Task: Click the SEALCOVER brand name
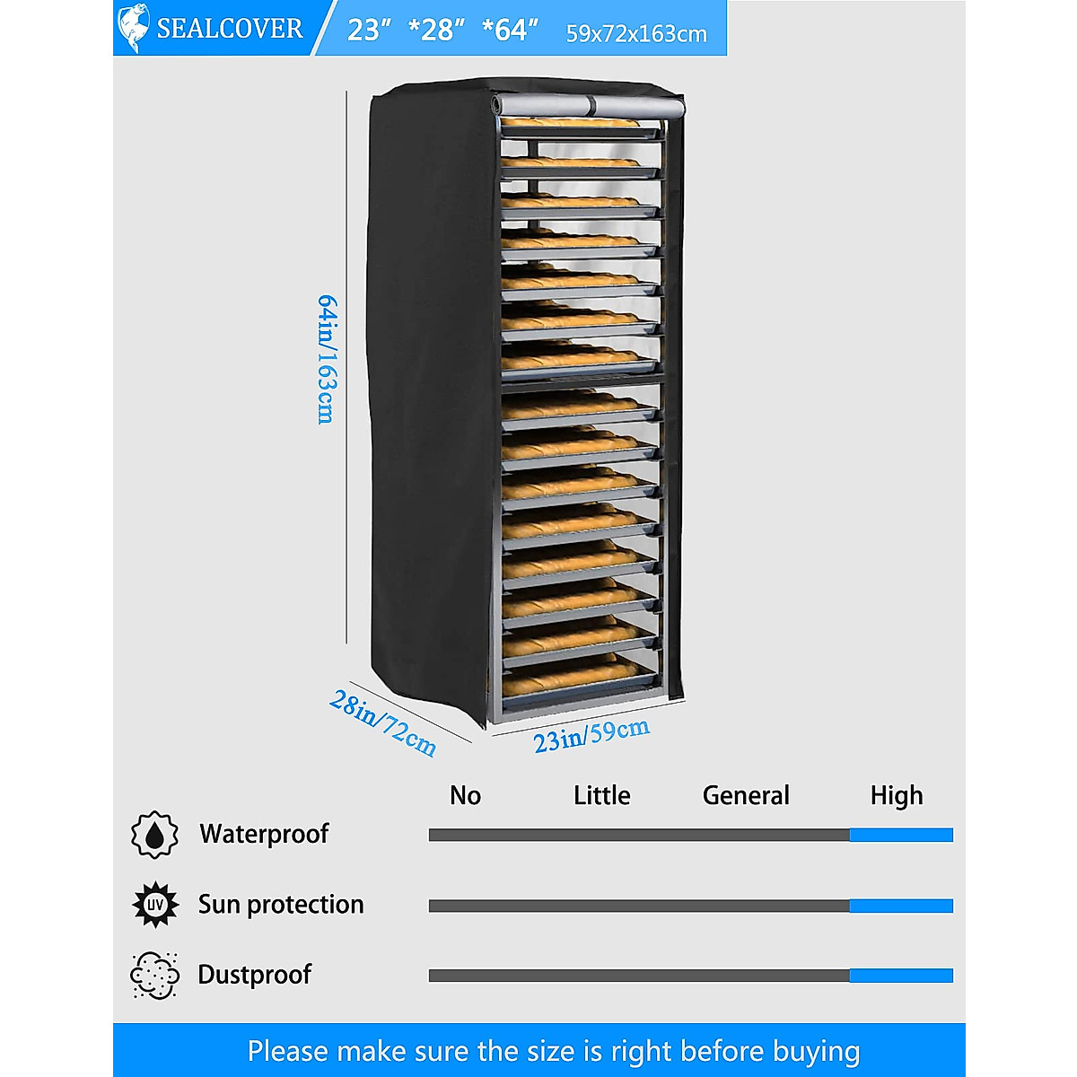point(230,29)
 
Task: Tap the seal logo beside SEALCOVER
point(133,28)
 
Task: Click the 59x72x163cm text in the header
point(636,34)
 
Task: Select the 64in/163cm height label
point(328,359)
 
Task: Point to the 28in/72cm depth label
point(383,722)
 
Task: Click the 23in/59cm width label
point(591,735)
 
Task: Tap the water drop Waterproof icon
point(154,835)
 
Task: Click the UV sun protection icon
point(154,905)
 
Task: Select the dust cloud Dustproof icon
point(154,976)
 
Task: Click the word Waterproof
point(264,834)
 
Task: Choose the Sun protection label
point(281,904)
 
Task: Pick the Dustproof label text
point(255,975)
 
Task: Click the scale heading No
point(465,795)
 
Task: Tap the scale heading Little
point(601,795)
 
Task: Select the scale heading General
point(746,795)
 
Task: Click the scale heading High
point(896,795)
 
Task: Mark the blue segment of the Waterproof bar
point(901,835)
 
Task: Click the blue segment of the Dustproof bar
point(901,976)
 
